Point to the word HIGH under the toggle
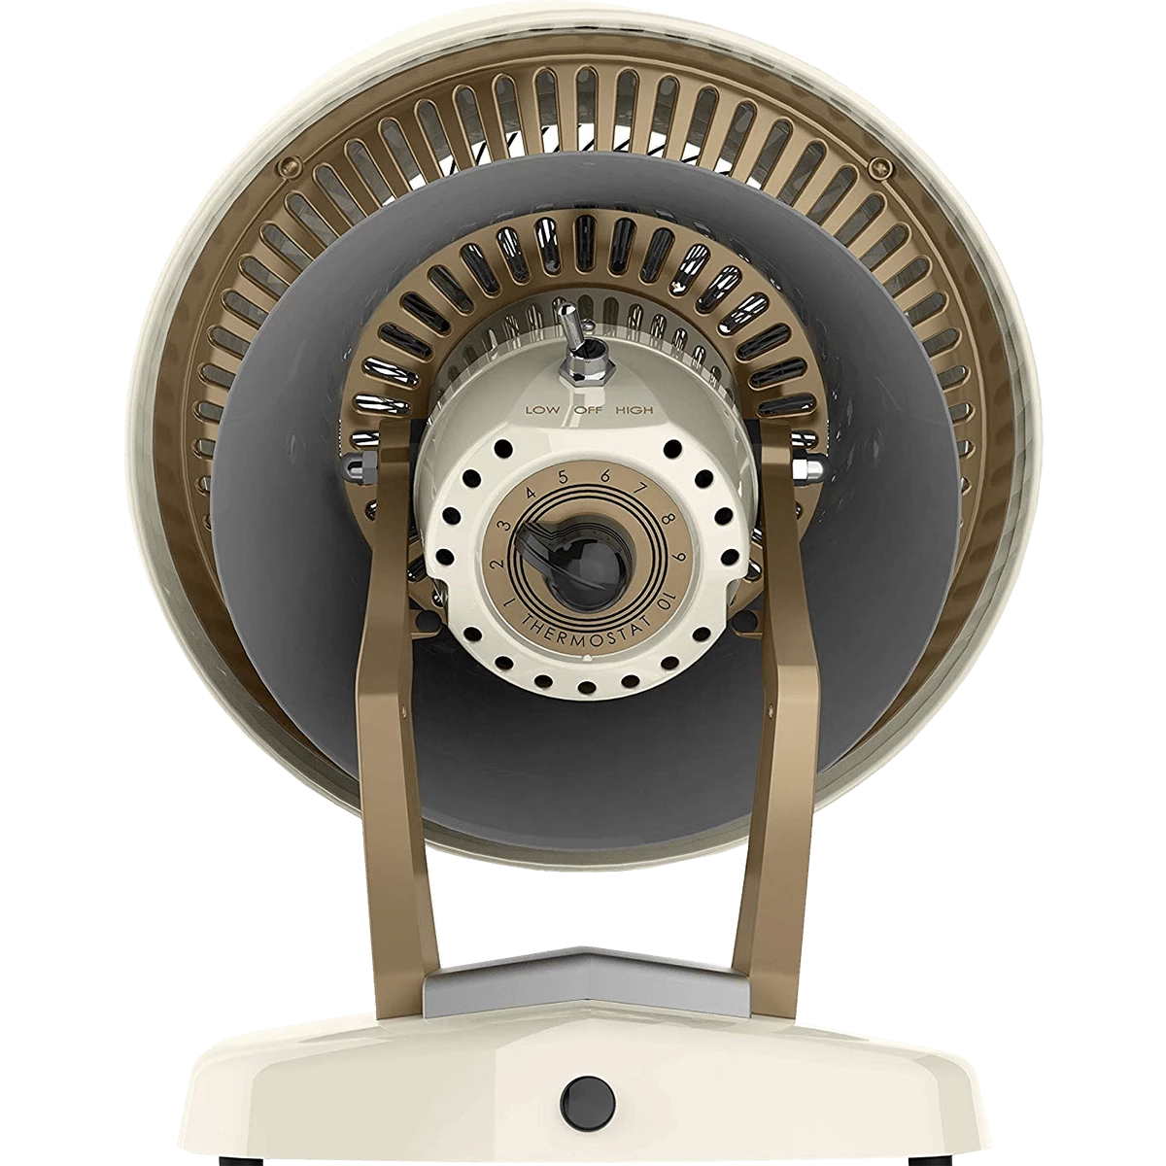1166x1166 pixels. click(634, 410)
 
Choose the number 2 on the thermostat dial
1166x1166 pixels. click(497, 564)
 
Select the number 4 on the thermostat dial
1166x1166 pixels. click(531, 491)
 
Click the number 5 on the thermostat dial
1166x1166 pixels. click(564, 477)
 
